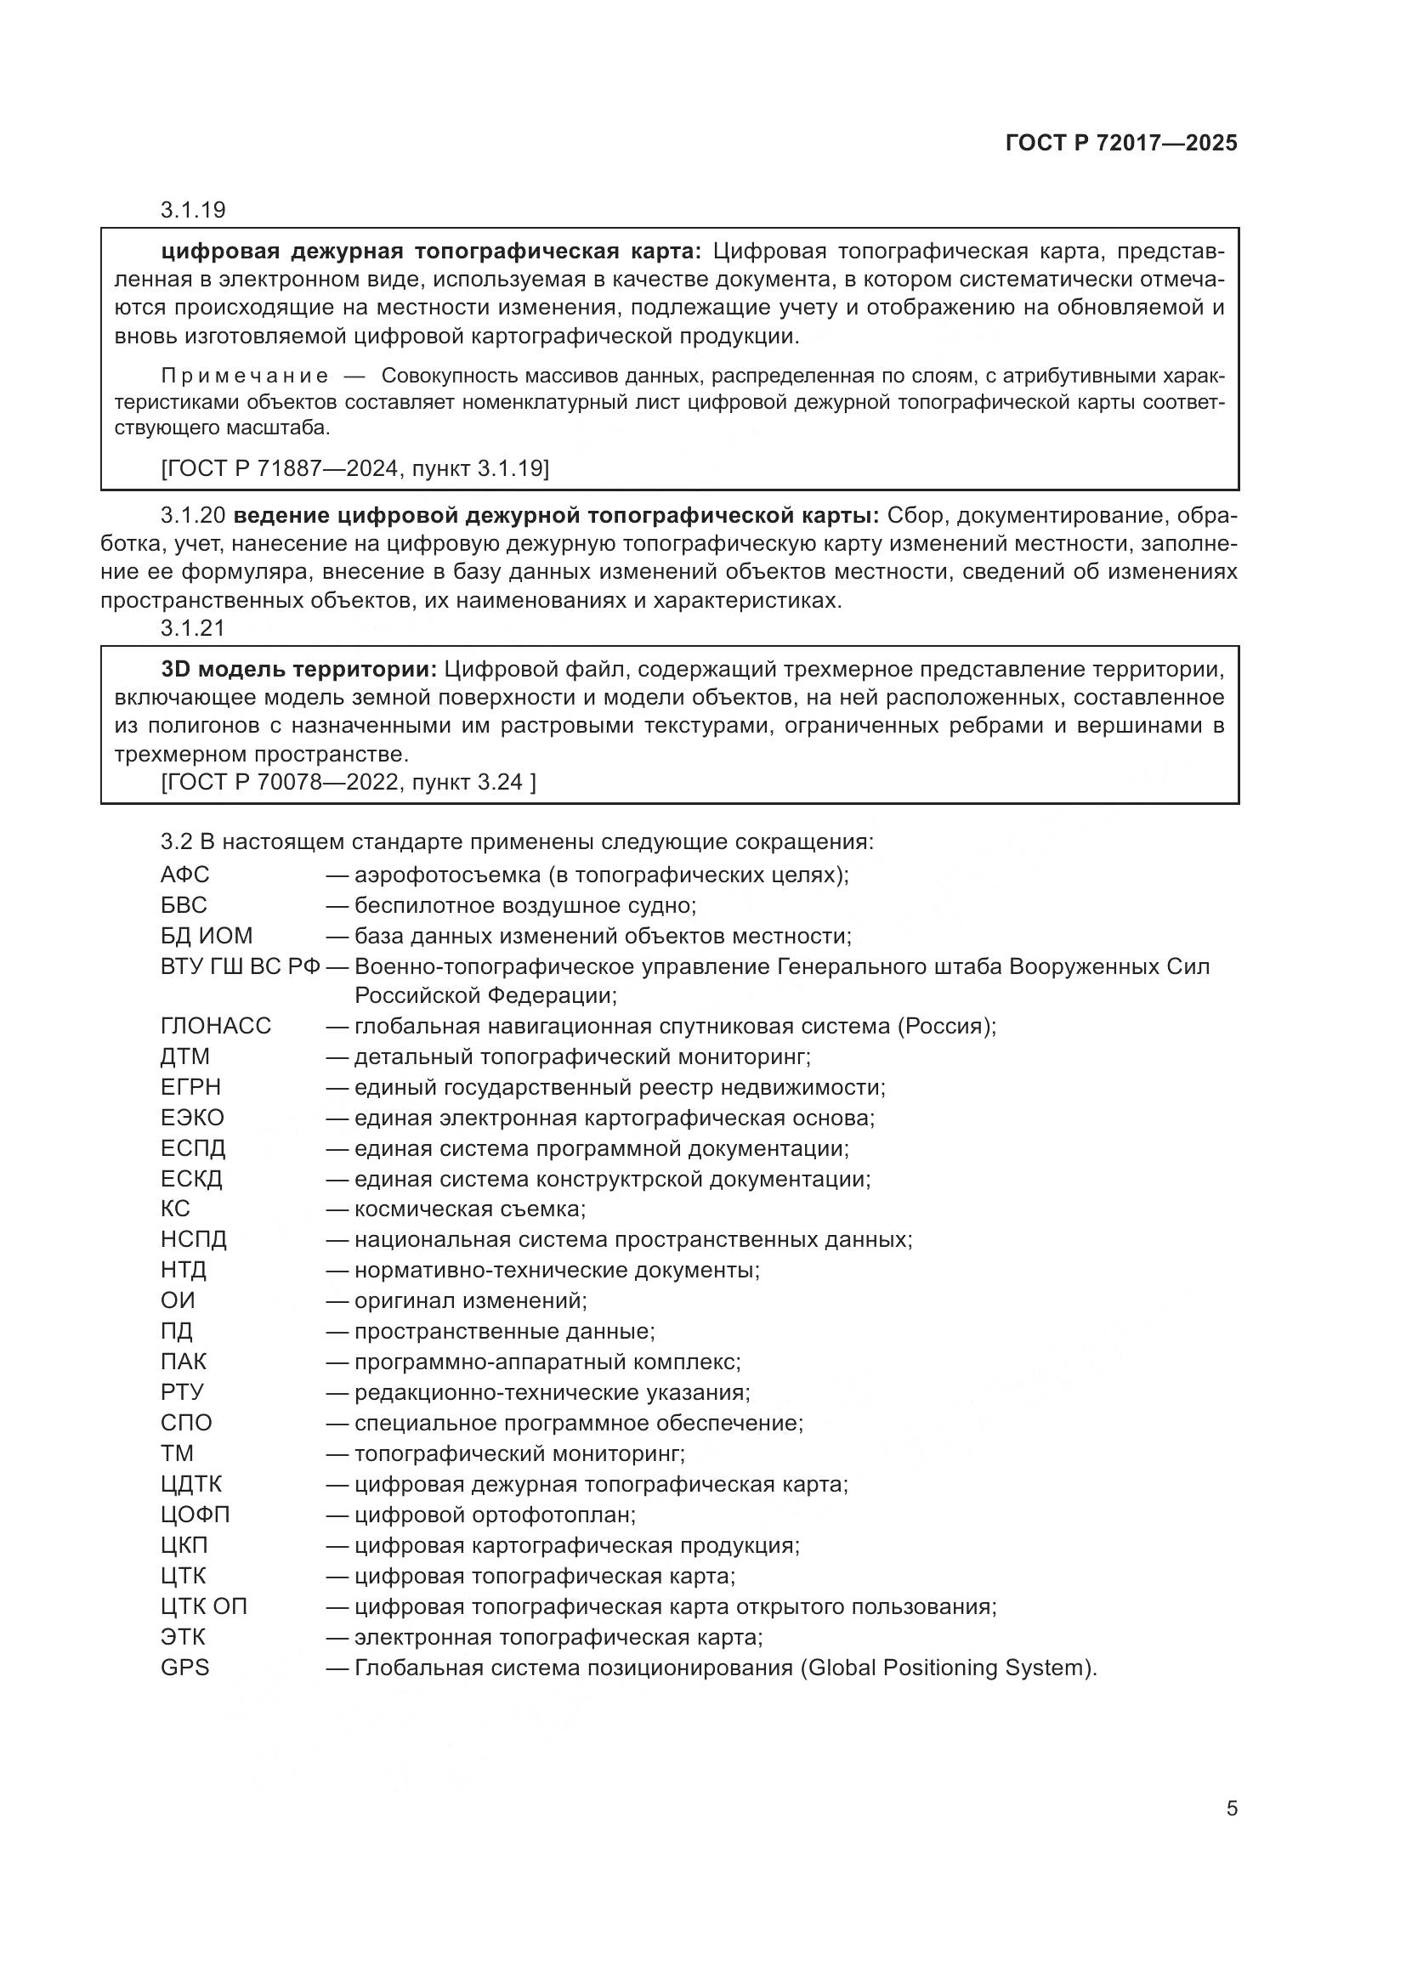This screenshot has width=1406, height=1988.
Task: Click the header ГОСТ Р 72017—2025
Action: point(1121,143)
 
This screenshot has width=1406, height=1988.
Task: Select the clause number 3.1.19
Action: point(192,210)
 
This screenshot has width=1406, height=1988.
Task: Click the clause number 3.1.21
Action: point(192,629)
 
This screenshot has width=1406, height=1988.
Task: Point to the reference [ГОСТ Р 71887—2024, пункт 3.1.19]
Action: point(355,468)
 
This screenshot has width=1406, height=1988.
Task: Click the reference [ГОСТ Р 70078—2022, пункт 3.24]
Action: point(348,782)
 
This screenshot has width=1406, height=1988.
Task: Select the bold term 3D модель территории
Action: point(298,669)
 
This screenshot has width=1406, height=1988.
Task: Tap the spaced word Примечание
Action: point(245,376)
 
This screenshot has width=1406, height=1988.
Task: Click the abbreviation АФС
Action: point(184,875)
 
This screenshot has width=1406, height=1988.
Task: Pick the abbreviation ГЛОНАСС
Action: point(216,1026)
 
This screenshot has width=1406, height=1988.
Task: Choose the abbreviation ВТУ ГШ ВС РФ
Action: point(240,966)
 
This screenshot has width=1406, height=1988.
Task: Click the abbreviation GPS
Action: point(184,1668)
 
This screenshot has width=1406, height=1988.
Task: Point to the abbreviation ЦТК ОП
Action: point(203,1606)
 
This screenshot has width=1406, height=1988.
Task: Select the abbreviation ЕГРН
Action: point(190,1087)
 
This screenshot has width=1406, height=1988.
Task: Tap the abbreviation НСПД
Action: point(193,1240)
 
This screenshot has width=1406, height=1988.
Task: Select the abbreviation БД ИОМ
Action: point(206,936)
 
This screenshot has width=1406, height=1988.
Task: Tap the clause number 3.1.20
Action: point(192,516)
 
